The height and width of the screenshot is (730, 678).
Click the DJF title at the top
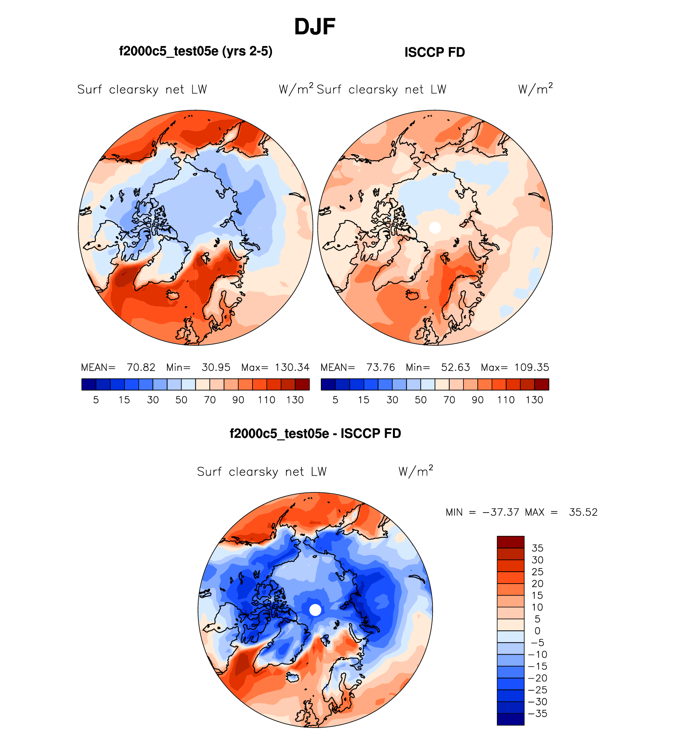(315, 27)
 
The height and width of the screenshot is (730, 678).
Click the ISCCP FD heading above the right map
(435, 52)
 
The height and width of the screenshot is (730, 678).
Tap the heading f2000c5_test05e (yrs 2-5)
(195, 51)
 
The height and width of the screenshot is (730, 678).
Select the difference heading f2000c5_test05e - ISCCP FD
(315, 433)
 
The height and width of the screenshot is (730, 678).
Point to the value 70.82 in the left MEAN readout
(141, 367)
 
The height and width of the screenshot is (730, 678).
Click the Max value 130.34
(292, 367)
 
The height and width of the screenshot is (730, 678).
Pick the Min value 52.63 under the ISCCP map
(455, 367)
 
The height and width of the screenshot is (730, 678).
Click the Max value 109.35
(531, 367)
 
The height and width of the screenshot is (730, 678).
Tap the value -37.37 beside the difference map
(500, 512)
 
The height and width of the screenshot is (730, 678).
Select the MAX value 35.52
(583, 512)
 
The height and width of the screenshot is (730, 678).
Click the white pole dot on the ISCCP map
(435, 228)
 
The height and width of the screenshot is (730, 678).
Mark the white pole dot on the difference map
(315, 610)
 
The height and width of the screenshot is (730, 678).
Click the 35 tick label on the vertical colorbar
(537, 548)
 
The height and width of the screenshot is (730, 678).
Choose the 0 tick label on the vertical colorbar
(537, 631)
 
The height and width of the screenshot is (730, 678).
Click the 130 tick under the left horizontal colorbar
(295, 400)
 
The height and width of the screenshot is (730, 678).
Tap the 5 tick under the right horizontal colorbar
(335, 400)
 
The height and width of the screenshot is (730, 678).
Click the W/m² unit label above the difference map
(416, 471)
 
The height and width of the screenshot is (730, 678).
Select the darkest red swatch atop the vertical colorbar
(510, 542)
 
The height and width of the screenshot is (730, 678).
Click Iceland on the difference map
(293, 677)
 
